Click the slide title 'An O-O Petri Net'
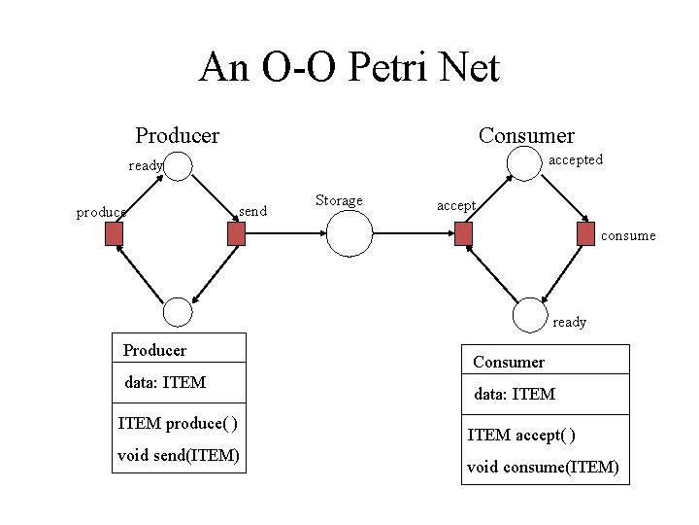tap(349, 68)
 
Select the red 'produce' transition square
tap(115, 234)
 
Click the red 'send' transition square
tap(234, 234)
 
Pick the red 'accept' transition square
tap(464, 234)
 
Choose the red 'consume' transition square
tap(583, 234)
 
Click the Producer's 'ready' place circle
tap(178, 165)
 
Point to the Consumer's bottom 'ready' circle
tap(527, 311)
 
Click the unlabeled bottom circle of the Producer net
tap(178, 311)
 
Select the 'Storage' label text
tap(339, 201)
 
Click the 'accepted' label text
tap(576, 158)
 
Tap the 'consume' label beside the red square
tap(628, 235)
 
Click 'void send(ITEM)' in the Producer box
tap(179, 454)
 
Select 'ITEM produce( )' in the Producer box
tap(178, 423)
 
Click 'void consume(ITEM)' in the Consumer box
tap(543, 467)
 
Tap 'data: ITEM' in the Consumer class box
tap(515, 394)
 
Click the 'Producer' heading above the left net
tap(177, 135)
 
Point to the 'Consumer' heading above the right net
tap(526, 135)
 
